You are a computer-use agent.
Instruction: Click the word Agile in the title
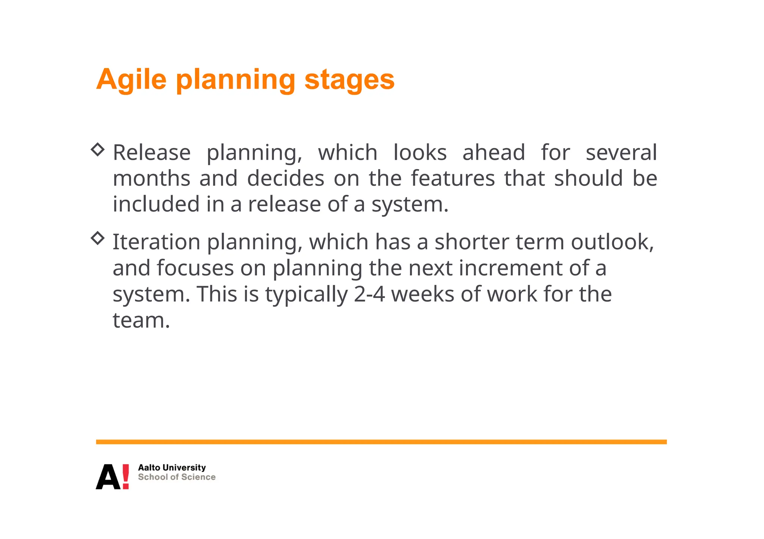coord(131,80)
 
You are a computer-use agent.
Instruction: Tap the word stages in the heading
coord(349,80)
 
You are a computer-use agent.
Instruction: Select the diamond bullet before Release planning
coord(98,149)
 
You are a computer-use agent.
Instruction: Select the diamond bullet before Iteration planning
coord(98,238)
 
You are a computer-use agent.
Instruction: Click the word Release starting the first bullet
coord(151,153)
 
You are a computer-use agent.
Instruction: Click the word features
coord(453,178)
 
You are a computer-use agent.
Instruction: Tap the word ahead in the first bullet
coord(493,153)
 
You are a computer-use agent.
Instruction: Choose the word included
coord(156,204)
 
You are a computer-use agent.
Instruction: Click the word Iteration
coord(156,242)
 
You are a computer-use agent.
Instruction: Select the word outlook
coord(612,242)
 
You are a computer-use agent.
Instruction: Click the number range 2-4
coord(369,294)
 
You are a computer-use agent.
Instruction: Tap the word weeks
coord(422,294)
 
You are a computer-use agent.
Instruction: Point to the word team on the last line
coord(141,320)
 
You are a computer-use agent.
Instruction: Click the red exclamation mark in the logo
coord(126,476)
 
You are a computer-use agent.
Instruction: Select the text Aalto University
coord(172,467)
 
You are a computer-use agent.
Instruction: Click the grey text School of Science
coord(176,477)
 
